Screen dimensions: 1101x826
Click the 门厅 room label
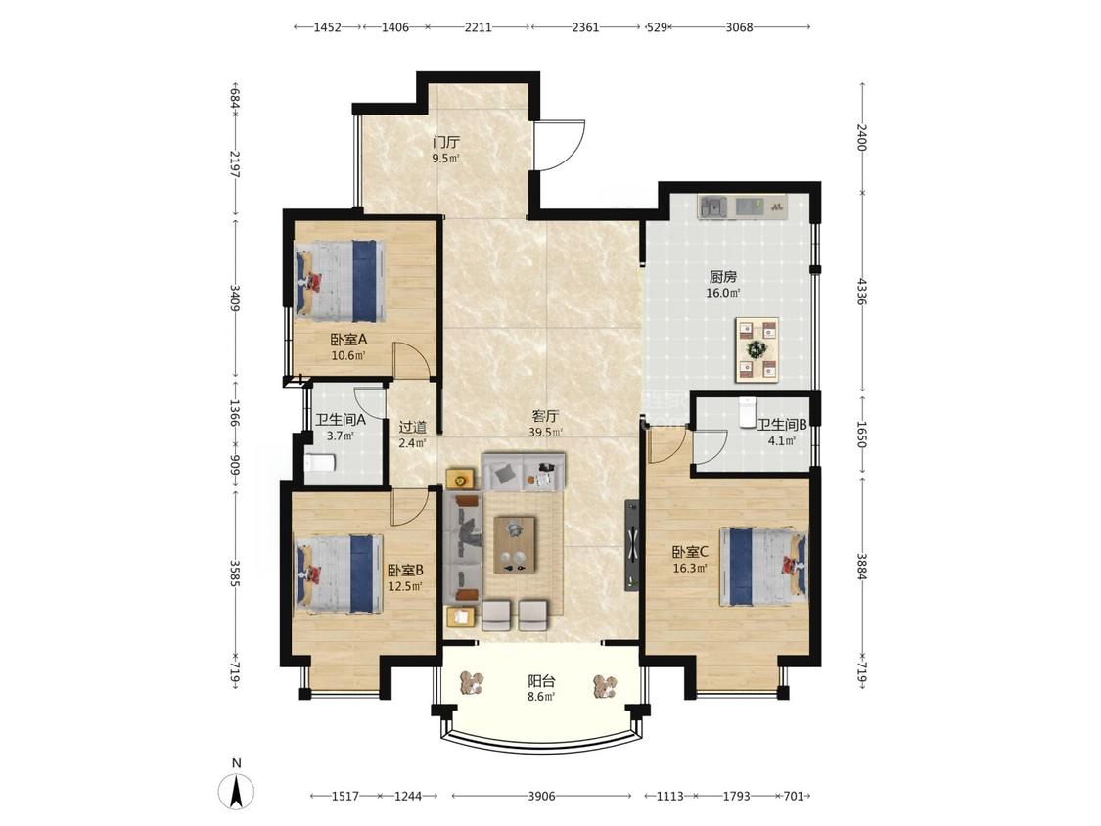point(446,142)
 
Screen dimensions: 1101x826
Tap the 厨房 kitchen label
point(722,277)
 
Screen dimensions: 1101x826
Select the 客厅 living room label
point(545,416)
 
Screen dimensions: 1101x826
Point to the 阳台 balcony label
point(541,680)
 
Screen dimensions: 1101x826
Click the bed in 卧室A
point(341,282)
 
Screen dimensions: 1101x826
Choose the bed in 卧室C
point(762,566)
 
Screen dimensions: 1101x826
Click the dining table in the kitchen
point(757,349)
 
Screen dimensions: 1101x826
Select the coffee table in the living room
point(515,545)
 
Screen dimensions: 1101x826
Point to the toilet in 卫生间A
point(321,463)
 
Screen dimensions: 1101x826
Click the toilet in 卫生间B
point(747,412)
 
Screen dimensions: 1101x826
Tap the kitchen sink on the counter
point(714,207)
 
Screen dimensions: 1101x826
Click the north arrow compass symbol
point(237,791)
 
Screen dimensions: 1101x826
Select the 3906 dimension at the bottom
point(541,796)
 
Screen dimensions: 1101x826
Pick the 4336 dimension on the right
point(862,292)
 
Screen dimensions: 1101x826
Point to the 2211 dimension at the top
point(479,27)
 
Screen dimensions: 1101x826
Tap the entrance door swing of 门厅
point(560,146)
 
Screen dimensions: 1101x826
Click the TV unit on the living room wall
point(632,545)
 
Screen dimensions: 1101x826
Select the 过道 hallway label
point(413,427)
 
